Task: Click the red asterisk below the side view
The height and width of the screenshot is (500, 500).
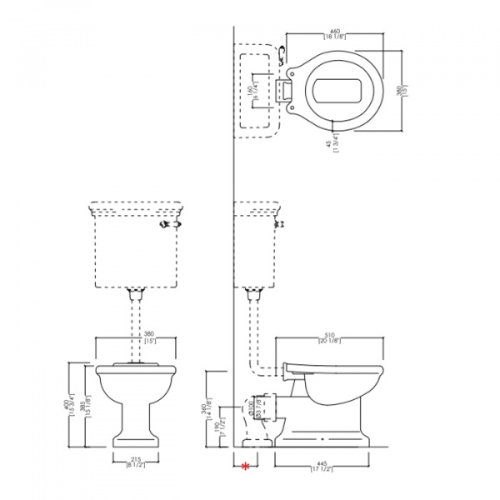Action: (x=245, y=467)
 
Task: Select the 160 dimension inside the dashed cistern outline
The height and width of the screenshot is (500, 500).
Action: (x=255, y=88)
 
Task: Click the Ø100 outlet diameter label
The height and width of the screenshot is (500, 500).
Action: (x=251, y=408)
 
